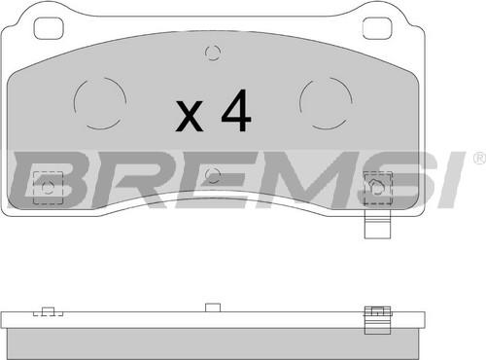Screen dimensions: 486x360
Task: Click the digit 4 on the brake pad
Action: (236, 110)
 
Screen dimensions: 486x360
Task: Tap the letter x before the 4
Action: (190, 116)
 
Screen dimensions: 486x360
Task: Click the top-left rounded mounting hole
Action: (49, 28)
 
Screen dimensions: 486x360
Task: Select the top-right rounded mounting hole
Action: (377, 28)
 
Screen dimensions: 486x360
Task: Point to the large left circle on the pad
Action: (74, 104)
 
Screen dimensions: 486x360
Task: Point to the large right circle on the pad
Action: (300, 104)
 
